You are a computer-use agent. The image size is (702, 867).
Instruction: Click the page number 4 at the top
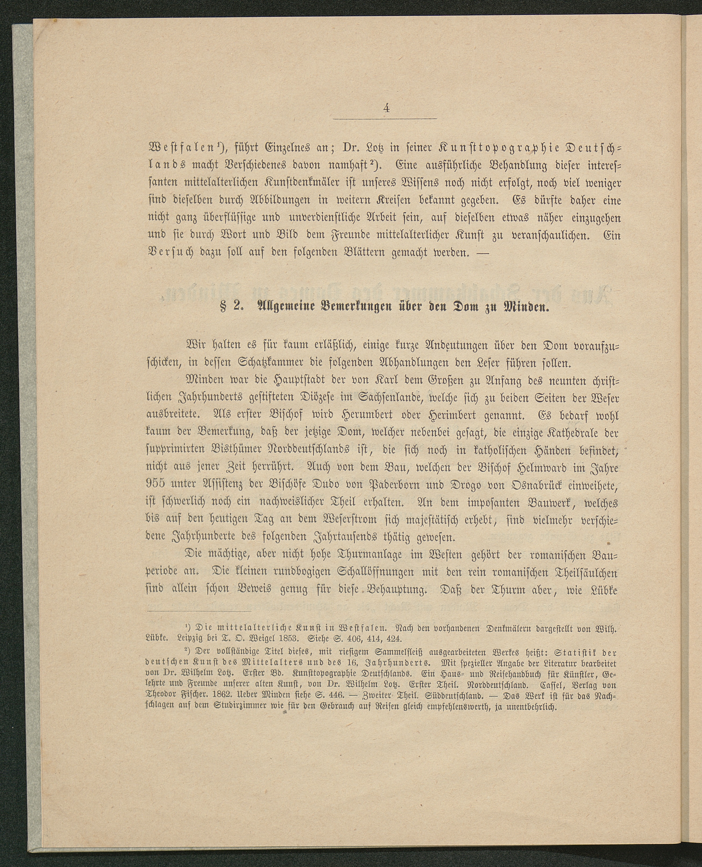pos(387,108)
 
